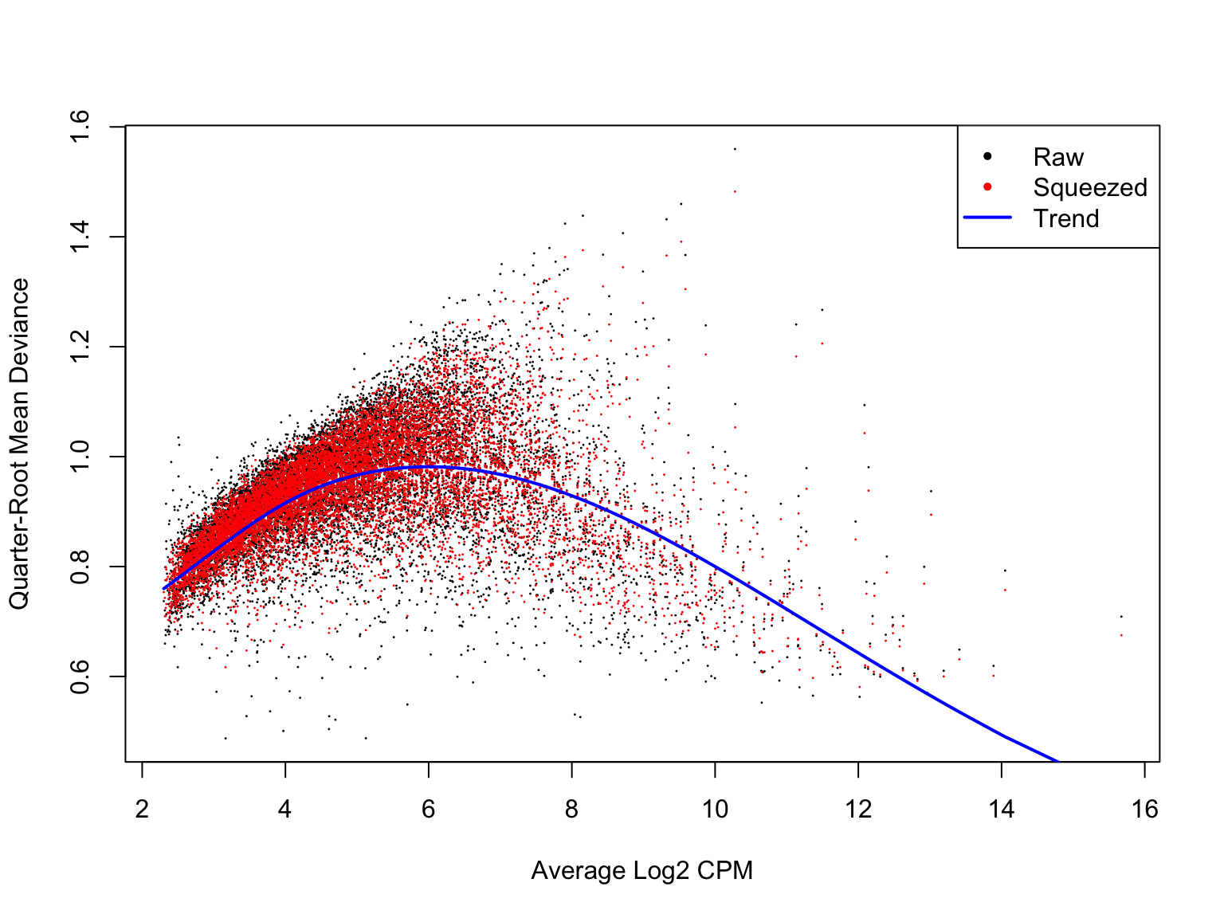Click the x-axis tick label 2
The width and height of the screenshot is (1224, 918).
tap(142, 810)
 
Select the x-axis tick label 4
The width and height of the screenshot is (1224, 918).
tap(285, 810)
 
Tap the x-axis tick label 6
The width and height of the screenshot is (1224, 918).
tap(429, 810)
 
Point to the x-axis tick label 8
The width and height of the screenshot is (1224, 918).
tap(571, 810)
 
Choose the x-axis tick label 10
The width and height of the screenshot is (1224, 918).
tap(715, 810)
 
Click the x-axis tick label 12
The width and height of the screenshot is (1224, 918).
tap(858, 810)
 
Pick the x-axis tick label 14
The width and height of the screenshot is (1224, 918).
tap(1002, 810)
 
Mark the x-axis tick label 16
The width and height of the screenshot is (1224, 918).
tap(1145, 810)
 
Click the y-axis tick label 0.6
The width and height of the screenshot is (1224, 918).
tap(80, 677)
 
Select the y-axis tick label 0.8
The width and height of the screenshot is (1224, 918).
tap(80, 567)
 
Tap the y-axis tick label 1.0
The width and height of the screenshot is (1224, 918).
tap(80, 457)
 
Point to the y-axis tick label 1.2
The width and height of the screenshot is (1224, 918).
tap(80, 347)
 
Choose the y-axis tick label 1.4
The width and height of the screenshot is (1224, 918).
tap(80, 237)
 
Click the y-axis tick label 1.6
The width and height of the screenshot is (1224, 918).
tap(80, 127)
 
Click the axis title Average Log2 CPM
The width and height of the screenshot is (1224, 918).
tap(642, 871)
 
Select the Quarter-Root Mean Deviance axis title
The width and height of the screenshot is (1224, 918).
tap(19, 444)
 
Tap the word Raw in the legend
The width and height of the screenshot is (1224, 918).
tap(1058, 157)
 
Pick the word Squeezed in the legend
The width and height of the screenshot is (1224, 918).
tap(1090, 187)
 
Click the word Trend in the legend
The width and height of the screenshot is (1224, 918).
tap(1066, 218)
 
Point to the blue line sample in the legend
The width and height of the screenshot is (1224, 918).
tap(987, 218)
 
